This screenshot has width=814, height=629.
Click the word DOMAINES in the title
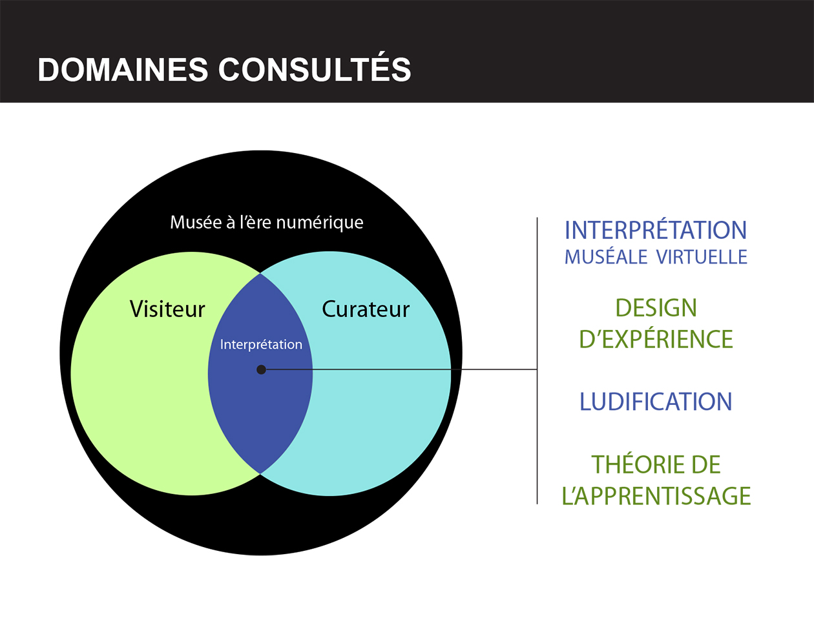click(123, 70)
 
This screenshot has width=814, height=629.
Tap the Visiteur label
click(167, 309)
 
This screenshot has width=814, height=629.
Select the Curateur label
click(366, 309)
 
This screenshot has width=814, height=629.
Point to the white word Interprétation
click(261, 344)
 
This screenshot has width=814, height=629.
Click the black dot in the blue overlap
click(261, 369)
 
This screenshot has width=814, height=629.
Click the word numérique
click(320, 222)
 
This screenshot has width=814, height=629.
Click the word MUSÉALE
click(606, 257)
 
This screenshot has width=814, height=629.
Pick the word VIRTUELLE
click(702, 257)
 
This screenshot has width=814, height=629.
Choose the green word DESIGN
click(656, 308)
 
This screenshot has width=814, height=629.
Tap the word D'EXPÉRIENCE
click(656, 338)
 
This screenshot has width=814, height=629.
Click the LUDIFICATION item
click(656, 402)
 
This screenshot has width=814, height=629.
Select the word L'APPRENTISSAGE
click(656, 496)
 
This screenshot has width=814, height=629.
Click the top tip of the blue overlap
click(260, 274)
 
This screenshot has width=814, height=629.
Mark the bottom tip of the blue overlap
click(260, 473)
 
